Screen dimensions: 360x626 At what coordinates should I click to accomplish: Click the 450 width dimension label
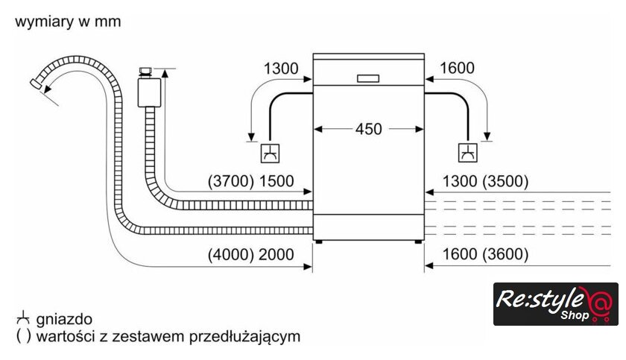pos(368,129)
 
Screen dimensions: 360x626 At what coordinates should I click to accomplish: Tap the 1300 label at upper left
pos(281,69)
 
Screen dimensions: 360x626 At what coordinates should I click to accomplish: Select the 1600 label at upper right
pos(457,69)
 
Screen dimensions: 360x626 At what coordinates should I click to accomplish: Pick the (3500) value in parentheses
pos(505,181)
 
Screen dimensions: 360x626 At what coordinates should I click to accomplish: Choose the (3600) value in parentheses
pos(505,255)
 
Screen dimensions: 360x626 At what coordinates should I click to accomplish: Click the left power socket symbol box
pos(269,153)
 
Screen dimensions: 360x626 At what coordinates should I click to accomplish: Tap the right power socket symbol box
pos(468,153)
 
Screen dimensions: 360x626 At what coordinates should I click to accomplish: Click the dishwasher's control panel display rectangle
pos(369,78)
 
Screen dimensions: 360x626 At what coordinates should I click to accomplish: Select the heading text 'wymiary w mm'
pos(68,22)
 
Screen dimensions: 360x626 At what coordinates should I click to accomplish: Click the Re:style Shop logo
pos(555,304)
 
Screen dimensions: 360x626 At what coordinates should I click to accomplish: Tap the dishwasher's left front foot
pos(319,241)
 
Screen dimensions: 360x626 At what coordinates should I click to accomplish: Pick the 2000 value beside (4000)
pos(276,255)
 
